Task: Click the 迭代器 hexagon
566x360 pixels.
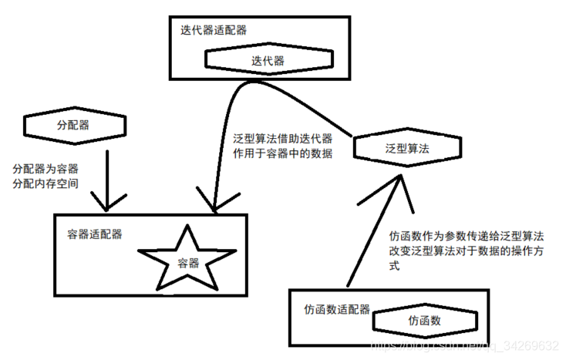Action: [268, 60]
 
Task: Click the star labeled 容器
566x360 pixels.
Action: [188, 261]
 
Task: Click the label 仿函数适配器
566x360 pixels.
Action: [337, 309]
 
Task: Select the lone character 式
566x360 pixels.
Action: [396, 265]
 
